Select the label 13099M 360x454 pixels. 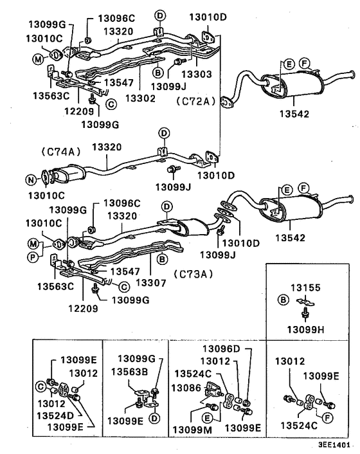pyautogui.click(x=195, y=428)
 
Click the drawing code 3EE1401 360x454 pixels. pyautogui.click(x=334, y=444)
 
